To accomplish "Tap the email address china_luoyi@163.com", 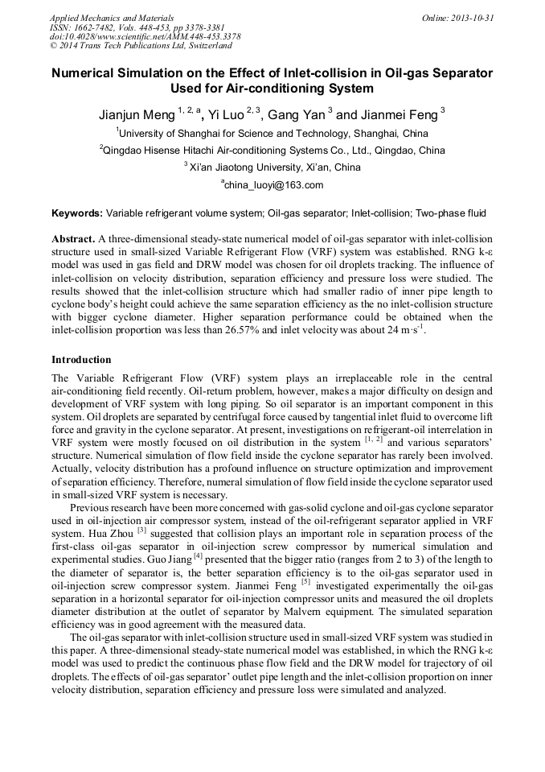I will click(272, 185).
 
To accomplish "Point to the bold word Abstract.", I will click(73, 240).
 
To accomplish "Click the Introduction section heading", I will click(81, 359).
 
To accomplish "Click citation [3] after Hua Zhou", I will click(141, 530).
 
